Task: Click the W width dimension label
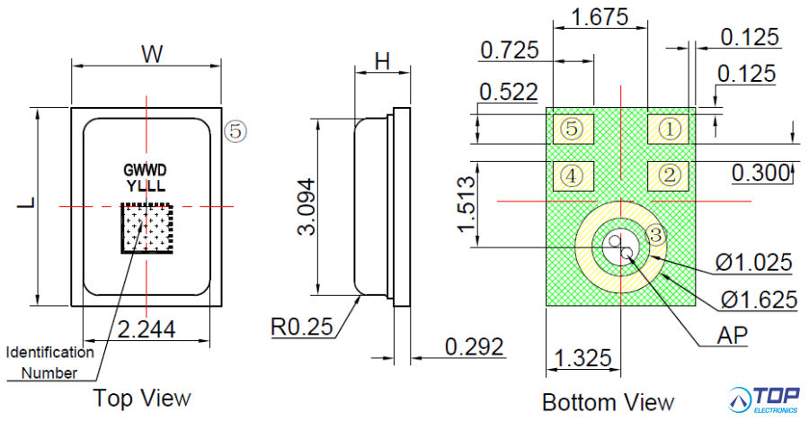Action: [x=153, y=54]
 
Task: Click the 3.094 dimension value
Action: [x=307, y=206]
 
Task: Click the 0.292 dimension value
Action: [x=474, y=346]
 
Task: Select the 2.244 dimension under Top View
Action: [x=146, y=330]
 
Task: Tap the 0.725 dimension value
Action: [x=510, y=50]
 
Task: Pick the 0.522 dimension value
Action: [x=509, y=92]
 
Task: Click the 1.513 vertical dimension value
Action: [x=467, y=204]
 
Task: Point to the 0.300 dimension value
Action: [x=761, y=172]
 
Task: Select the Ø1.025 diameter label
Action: [x=754, y=263]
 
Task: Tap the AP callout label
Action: [x=733, y=336]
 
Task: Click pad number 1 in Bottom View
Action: [x=670, y=129]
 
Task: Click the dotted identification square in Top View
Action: [x=146, y=229]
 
